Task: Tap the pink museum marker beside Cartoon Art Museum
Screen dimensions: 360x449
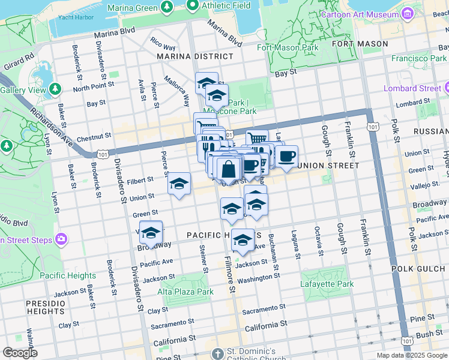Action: (x=409, y=13)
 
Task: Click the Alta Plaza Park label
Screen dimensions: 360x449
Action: (x=185, y=292)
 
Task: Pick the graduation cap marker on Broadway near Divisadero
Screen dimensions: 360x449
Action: (x=151, y=232)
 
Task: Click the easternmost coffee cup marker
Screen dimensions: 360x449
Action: (x=286, y=157)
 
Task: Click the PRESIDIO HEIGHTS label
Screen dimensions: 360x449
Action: (x=45, y=308)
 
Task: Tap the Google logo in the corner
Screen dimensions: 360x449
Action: (x=20, y=353)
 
